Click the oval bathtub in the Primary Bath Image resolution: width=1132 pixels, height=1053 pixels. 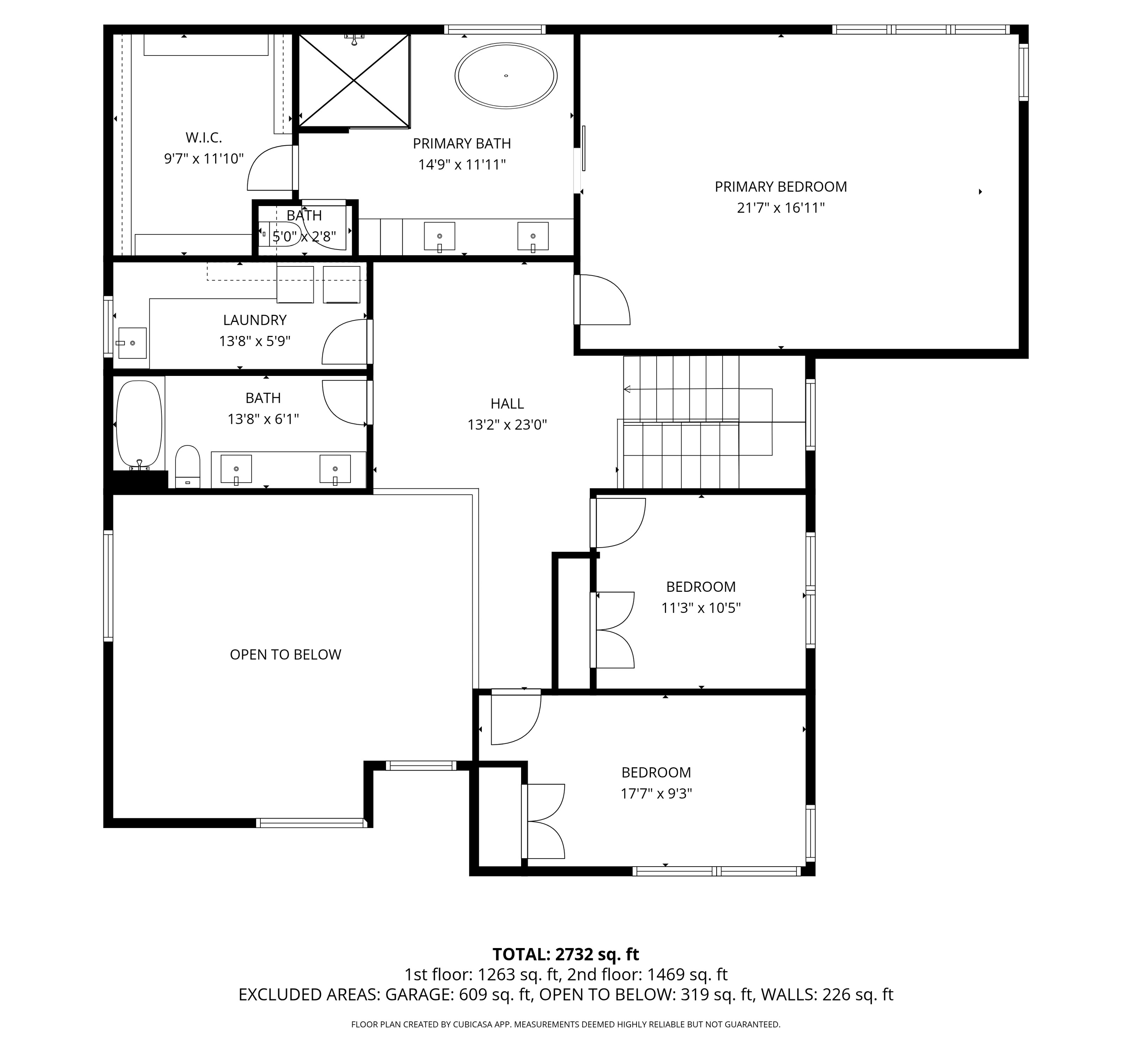(506, 75)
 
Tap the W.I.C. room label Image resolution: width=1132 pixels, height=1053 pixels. (204, 137)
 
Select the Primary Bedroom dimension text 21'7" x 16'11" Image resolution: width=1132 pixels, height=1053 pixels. (781, 208)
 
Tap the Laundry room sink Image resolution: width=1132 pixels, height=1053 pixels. (132, 343)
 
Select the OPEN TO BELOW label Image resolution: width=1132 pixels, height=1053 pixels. (285, 655)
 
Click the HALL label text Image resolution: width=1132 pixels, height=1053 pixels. (507, 404)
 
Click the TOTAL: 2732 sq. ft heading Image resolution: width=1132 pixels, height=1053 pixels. (565, 954)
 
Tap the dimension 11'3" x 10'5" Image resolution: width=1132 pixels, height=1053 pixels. (701, 608)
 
